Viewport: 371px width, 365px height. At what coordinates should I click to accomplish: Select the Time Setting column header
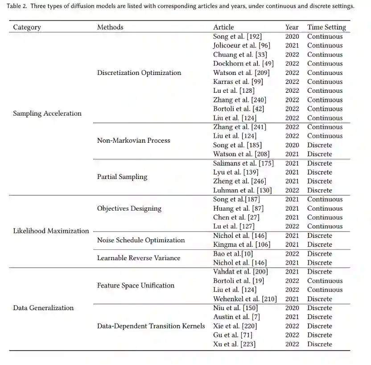pyautogui.click(x=326, y=27)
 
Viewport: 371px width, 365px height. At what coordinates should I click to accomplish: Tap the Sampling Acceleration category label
pyautogui.click(x=47, y=113)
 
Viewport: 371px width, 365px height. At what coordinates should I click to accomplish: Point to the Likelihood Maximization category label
pyautogui.click(x=51, y=231)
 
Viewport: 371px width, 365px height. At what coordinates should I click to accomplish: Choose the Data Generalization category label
pyautogui.click(x=43, y=308)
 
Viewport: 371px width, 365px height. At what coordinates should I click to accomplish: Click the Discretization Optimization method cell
pyautogui.click(x=139, y=73)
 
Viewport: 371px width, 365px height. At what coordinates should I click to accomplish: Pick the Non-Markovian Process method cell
pyautogui.click(x=133, y=141)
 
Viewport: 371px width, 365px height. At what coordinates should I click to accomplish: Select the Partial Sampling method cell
pyautogui.click(x=122, y=177)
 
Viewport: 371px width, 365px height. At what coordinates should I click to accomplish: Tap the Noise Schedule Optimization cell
pyautogui.click(x=141, y=240)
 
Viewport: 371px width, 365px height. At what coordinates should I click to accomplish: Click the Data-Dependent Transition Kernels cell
pyautogui.click(x=151, y=326)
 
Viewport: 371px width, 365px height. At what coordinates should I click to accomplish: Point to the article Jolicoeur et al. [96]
pyautogui.click(x=241, y=46)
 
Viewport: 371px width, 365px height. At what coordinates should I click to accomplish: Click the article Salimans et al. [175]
pyautogui.click(x=243, y=163)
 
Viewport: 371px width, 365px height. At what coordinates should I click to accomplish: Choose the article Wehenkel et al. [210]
pyautogui.click(x=245, y=299)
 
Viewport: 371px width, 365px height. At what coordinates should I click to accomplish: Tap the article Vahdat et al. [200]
pyautogui.click(x=241, y=272)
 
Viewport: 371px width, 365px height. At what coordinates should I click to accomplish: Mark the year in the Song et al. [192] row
pyautogui.click(x=292, y=37)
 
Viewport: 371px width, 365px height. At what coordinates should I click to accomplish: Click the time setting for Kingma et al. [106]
pyautogui.click(x=319, y=245)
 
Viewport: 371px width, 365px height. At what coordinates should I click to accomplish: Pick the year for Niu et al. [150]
pyautogui.click(x=292, y=308)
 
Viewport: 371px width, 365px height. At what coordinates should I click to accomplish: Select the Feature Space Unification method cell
pyautogui.click(x=136, y=286)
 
